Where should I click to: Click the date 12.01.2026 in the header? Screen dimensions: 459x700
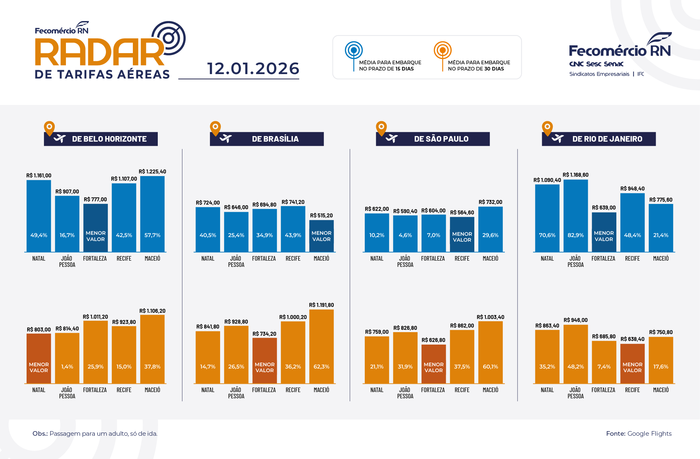[x=253, y=69]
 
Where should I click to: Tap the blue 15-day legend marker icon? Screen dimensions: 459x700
[x=354, y=50]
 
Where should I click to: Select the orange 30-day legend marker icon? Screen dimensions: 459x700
[x=443, y=50]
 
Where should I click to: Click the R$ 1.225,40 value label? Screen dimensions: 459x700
[x=152, y=171]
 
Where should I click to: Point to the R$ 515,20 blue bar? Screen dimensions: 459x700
[x=321, y=236]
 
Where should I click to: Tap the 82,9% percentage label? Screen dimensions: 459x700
[x=575, y=235]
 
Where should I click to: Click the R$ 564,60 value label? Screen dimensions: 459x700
[x=462, y=212]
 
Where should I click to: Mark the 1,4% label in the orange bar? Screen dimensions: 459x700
[x=67, y=367]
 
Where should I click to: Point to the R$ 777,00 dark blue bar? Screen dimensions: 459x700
[x=95, y=228]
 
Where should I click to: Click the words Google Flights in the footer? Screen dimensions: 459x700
[x=649, y=433]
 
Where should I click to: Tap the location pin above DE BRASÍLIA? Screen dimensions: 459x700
[x=215, y=128]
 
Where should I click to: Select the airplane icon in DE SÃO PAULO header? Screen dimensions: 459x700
[x=392, y=139]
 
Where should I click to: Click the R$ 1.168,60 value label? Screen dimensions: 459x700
[x=575, y=175]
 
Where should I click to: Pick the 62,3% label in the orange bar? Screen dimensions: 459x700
[x=321, y=367]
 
